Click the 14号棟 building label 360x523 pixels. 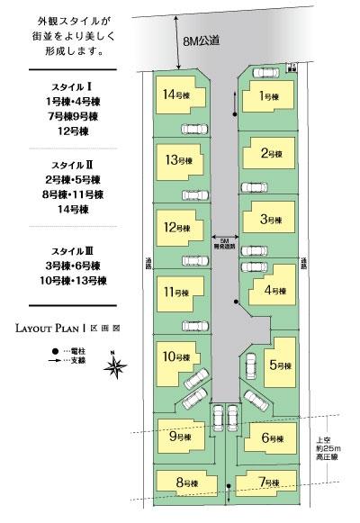coord(175,95)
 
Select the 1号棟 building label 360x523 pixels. coord(267,95)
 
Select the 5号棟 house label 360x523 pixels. coord(281,365)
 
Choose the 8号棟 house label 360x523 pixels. coord(186,483)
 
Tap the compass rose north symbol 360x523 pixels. coord(114,365)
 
